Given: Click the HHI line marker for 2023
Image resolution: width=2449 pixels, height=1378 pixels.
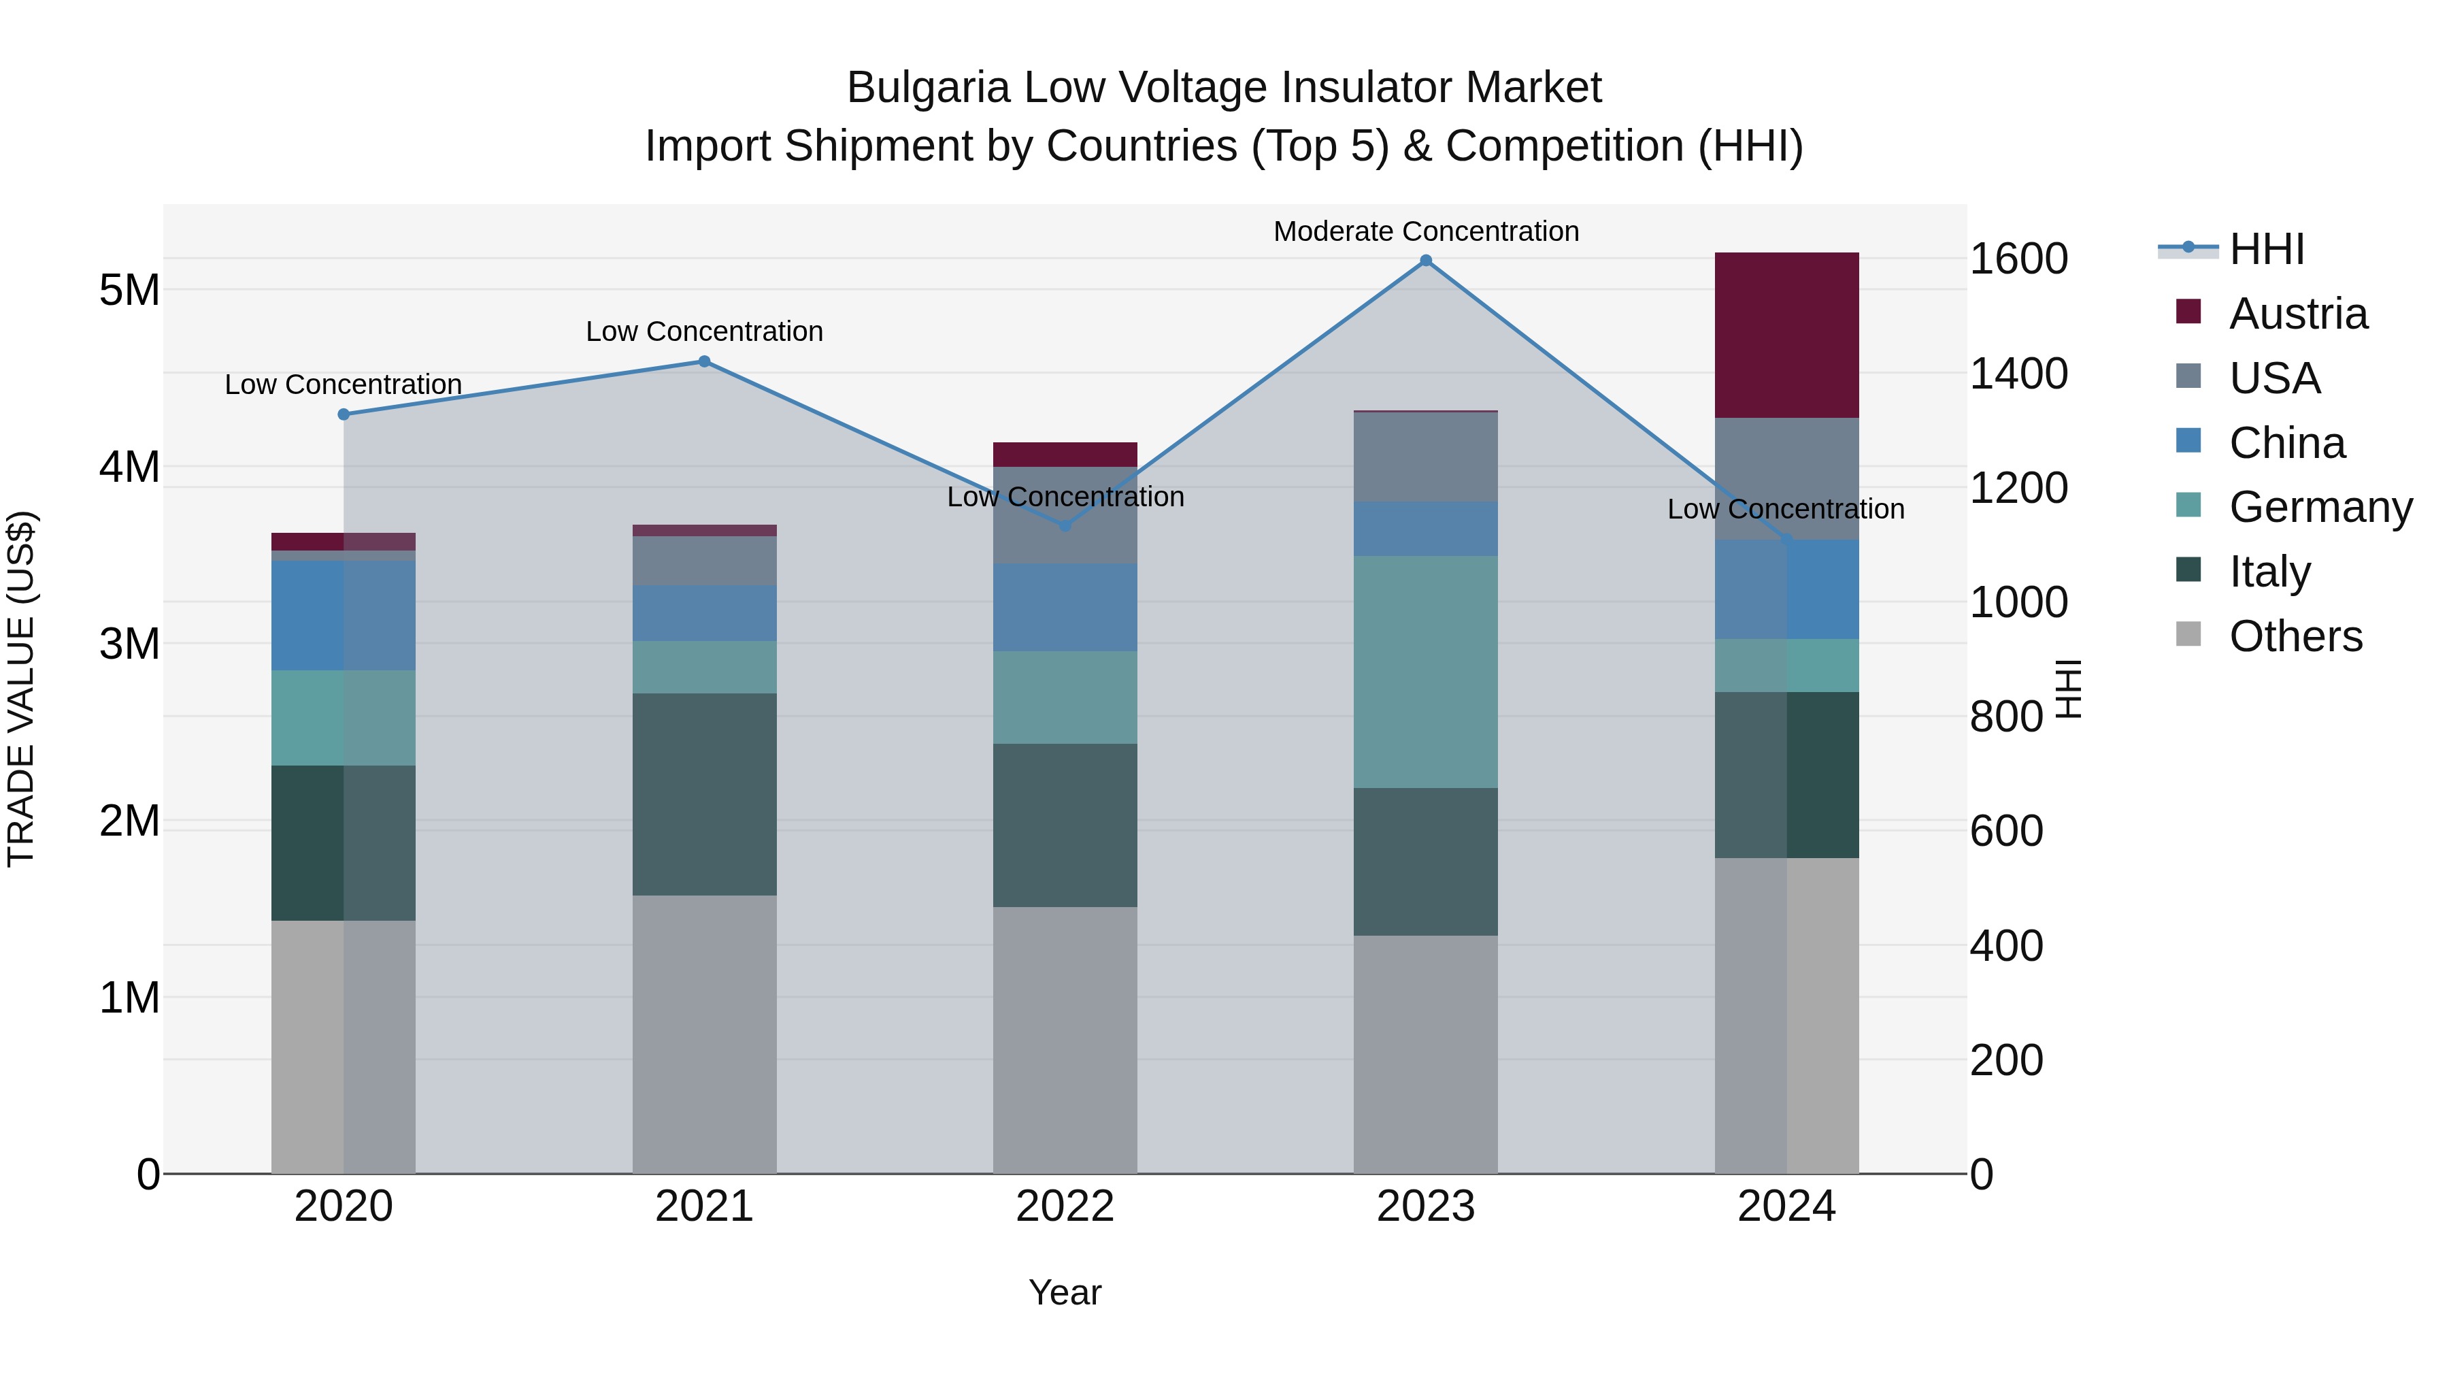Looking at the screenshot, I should pyautogui.click(x=1425, y=261).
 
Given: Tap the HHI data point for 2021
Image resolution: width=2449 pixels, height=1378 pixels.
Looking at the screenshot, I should pyautogui.click(x=705, y=361).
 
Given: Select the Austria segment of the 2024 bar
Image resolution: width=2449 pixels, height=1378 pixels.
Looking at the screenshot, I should pyautogui.click(x=1786, y=335).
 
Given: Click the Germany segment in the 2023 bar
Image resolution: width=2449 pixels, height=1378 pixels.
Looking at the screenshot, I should pyautogui.click(x=1425, y=672).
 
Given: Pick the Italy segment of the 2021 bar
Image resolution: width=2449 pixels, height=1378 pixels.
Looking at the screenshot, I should pyautogui.click(x=705, y=794).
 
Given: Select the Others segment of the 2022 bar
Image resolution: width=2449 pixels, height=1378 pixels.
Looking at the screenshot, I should pyautogui.click(x=1065, y=1039).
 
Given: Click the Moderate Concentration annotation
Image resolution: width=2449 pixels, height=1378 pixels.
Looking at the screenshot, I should pyautogui.click(x=1425, y=231).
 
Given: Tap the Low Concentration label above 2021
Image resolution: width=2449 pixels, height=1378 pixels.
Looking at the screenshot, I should pyautogui.click(x=705, y=332).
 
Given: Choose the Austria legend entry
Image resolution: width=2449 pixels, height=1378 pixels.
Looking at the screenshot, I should pyautogui.click(x=2298, y=314).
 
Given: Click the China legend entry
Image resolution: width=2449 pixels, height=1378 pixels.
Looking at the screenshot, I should pyautogui.click(x=2286, y=443).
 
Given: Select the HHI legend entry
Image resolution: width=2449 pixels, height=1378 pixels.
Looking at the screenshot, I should pyautogui.click(x=2267, y=249).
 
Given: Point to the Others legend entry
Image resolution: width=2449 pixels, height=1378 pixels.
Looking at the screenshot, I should pyautogui.click(x=2295, y=636).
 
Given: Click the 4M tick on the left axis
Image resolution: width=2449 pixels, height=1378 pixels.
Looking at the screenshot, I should pyautogui.click(x=129, y=467).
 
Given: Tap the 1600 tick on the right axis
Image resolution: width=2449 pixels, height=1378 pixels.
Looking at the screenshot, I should pyautogui.click(x=2018, y=259).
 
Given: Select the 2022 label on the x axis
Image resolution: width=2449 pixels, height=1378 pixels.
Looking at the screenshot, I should pyautogui.click(x=1065, y=1207).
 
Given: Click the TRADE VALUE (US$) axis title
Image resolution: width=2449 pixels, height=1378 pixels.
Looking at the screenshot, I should pyautogui.click(x=21, y=689).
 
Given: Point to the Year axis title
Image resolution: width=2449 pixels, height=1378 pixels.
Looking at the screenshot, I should pyautogui.click(x=1065, y=1292).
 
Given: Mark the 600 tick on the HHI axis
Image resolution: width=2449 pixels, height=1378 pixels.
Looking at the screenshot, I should pyautogui.click(x=2006, y=831).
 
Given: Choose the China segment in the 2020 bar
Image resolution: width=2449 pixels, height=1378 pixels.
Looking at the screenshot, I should pyautogui.click(x=344, y=615).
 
